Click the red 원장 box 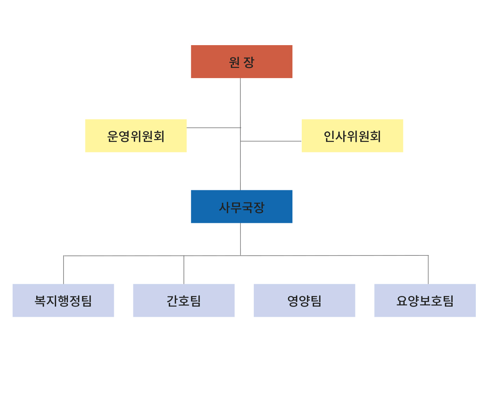(242, 61)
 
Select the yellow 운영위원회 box (136, 135)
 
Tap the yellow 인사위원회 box (352, 135)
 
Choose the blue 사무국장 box (242, 206)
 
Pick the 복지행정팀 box (63, 300)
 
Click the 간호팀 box (184, 300)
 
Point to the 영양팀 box (304, 300)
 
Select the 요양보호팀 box (425, 300)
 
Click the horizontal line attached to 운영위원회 (213, 128)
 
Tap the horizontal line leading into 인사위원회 (271, 141)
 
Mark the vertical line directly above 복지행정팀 (63, 270)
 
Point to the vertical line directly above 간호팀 (184, 270)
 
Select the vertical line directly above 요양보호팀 (428, 270)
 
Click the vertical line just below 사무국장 (240, 239)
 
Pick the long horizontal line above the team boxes (246, 255)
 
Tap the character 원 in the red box (234, 62)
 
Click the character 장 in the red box (248, 62)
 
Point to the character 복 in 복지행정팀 (40, 301)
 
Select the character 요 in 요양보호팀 (402, 301)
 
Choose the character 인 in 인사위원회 (329, 136)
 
